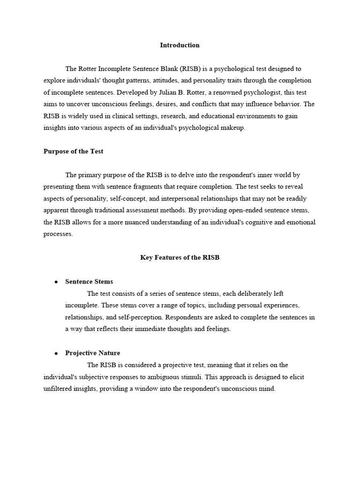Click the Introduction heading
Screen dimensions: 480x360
point(180,45)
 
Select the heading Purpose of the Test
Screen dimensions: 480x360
point(73,151)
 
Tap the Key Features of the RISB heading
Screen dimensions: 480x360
point(180,257)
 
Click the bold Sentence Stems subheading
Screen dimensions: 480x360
point(89,282)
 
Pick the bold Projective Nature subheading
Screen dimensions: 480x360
point(92,353)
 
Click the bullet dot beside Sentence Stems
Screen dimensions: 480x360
point(56,282)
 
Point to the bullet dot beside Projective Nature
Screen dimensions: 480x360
point(56,353)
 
